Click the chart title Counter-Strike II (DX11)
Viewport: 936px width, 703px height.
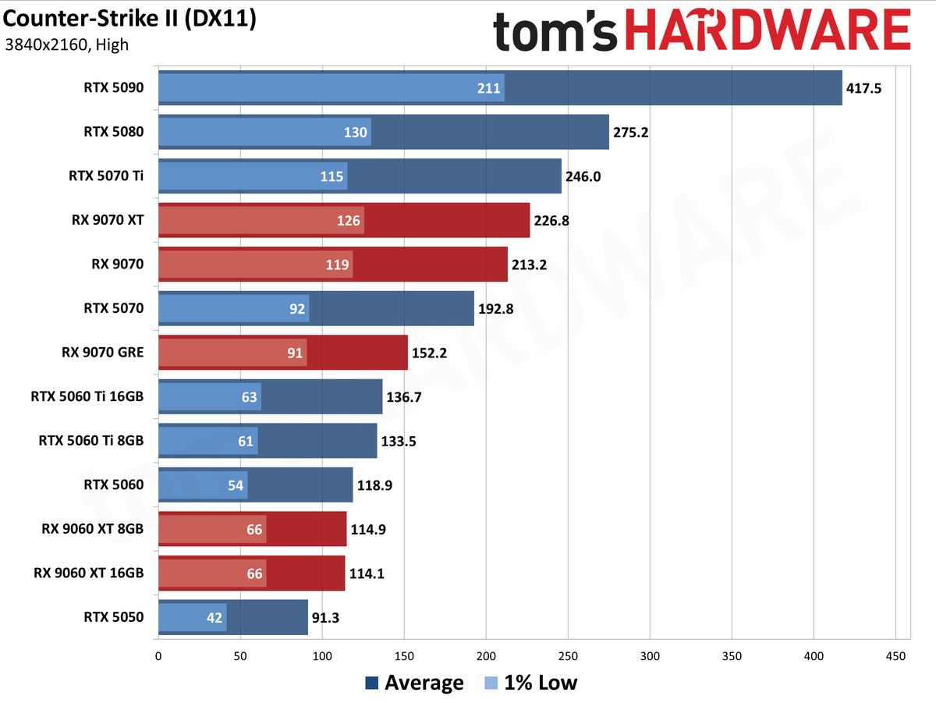coord(129,20)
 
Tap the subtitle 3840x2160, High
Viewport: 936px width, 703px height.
coord(66,44)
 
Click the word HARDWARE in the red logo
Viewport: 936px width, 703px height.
coord(768,30)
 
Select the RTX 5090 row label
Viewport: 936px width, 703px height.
coord(113,87)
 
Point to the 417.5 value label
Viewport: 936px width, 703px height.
coord(863,88)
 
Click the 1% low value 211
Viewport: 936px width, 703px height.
coord(488,88)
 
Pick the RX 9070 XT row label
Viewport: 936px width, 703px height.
coord(108,220)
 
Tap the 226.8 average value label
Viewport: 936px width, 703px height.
coord(551,221)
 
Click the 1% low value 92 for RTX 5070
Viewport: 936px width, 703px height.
coord(297,309)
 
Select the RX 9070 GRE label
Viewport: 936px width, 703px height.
coord(103,353)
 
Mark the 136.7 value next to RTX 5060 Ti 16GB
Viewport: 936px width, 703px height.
coord(404,397)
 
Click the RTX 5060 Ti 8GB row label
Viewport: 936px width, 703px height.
coord(91,441)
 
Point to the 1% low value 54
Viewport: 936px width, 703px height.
coord(236,485)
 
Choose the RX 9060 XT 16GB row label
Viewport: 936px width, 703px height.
coord(89,573)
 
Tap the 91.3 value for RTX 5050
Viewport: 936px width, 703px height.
coord(325,618)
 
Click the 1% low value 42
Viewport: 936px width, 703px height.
coord(214,618)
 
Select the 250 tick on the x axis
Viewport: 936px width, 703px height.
coord(568,656)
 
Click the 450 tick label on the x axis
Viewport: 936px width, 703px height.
coord(895,656)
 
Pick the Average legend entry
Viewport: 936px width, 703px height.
coord(414,683)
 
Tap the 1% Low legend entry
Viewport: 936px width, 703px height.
coord(531,683)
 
